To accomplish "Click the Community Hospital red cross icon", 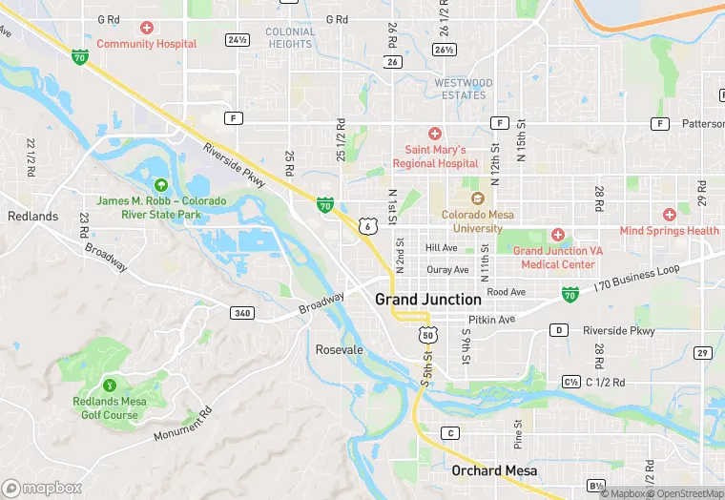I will click(146, 28).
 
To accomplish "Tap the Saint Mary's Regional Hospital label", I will click(435, 156).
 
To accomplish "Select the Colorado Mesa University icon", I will click(478, 198).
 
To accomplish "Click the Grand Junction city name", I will click(427, 300).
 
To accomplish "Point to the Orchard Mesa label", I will click(494, 470).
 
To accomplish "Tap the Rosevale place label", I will click(340, 350).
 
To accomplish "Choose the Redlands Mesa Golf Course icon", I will click(111, 385).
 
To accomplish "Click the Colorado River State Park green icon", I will click(160, 184).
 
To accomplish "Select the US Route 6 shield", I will click(367, 225).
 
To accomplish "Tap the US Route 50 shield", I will click(428, 336).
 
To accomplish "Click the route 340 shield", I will click(241, 312).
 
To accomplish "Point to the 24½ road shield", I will click(237, 39).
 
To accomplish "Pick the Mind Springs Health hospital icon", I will click(670, 215).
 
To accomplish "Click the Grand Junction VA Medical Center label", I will click(558, 258).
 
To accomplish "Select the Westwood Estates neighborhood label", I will click(464, 89).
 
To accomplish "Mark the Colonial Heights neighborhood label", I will click(290, 38).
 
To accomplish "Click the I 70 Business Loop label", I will click(636, 277).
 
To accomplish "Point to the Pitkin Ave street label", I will click(491, 320).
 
